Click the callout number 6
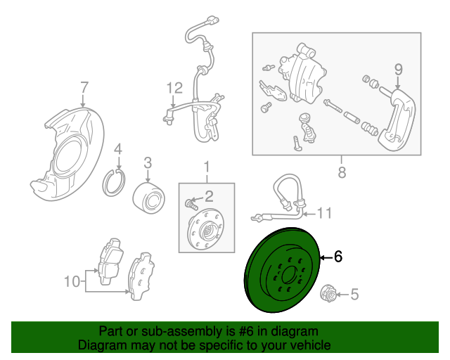(x=338, y=257)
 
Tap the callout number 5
(x=354, y=295)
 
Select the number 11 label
(x=323, y=213)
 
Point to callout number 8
(x=342, y=172)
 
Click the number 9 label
(x=398, y=69)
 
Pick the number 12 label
(x=174, y=88)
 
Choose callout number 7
(x=84, y=88)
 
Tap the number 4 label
(x=118, y=148)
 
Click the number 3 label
(x=148, y=163)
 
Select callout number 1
(x=207, y=167)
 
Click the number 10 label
(x=72, y=282)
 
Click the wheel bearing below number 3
(x=148, y=196)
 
